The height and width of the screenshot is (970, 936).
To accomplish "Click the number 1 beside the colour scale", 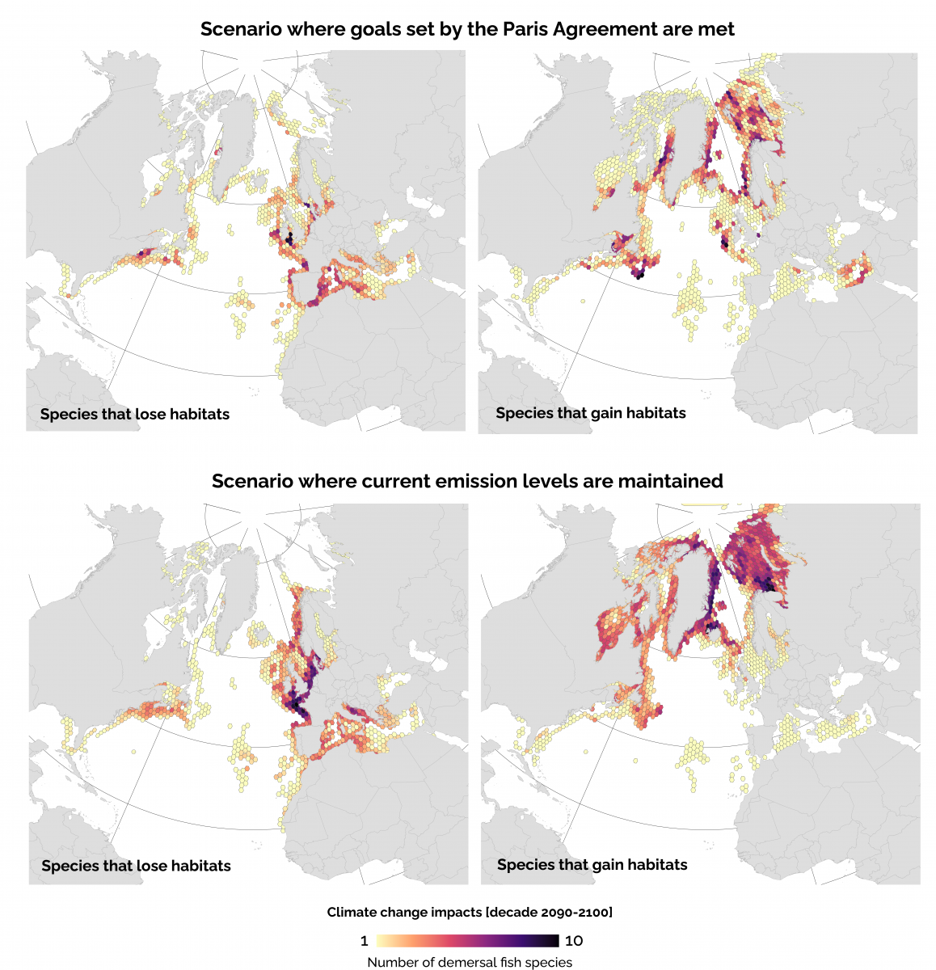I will [364, 941].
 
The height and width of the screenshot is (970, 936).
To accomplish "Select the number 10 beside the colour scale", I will [573, 941].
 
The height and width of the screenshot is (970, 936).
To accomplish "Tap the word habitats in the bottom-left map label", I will [200, 866].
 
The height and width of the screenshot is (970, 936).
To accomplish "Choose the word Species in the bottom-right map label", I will [525, 865].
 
